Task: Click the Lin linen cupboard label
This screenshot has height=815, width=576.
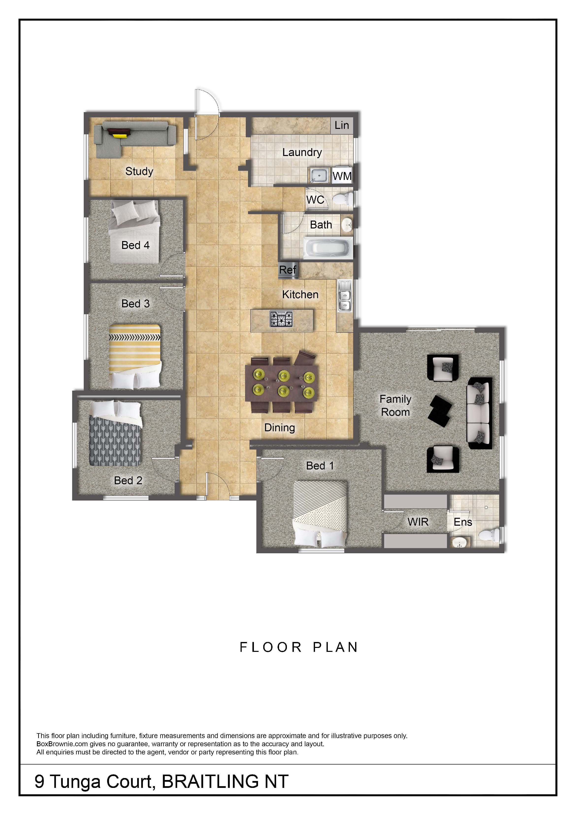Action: [342, 125]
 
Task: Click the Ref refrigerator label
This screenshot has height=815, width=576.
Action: [287, 270]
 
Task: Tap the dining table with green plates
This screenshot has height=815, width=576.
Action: [282, 384]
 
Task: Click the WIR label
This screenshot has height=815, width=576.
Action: [418, 522]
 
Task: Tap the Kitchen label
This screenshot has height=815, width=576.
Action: [300, 294]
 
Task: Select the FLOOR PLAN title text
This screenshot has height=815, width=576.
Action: [299, 647]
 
